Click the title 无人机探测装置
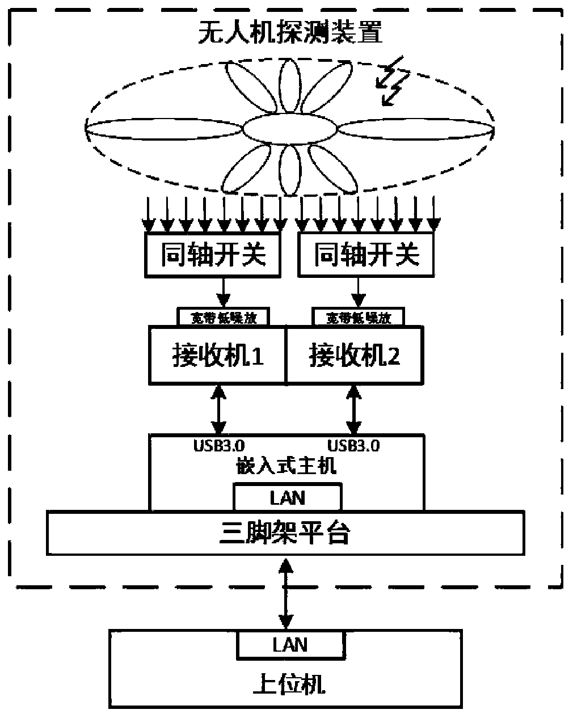pos(290,32)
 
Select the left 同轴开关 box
pos(213,255)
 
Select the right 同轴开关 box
pos(366,255)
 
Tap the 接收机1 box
pos(217,356)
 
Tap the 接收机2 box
pos(354,356)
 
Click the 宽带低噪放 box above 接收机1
pos(224,317)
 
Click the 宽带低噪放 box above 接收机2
pos(359,317)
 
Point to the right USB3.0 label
pos(353,446)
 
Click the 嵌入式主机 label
pos(286,466)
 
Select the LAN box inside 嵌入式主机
pos(288,497)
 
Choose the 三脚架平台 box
pos(285,533)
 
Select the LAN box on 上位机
pos(290,645)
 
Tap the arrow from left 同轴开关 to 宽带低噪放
pos(224,292)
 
